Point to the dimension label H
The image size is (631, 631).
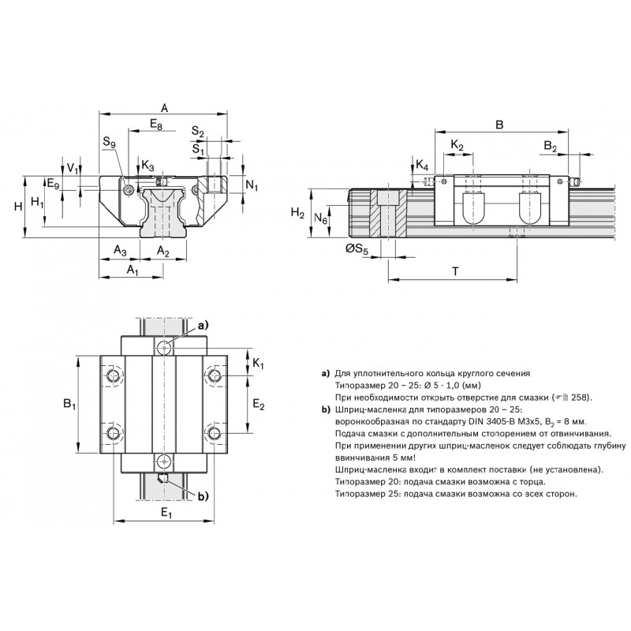17,206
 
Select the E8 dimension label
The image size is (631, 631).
155,125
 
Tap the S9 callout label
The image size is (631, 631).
108,144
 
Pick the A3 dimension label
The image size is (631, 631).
120,251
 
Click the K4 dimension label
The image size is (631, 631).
422,166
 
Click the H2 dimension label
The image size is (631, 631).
297,213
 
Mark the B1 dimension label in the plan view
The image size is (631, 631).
69,405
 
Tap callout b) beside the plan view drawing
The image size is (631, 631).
201,495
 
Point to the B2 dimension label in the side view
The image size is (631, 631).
551,147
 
